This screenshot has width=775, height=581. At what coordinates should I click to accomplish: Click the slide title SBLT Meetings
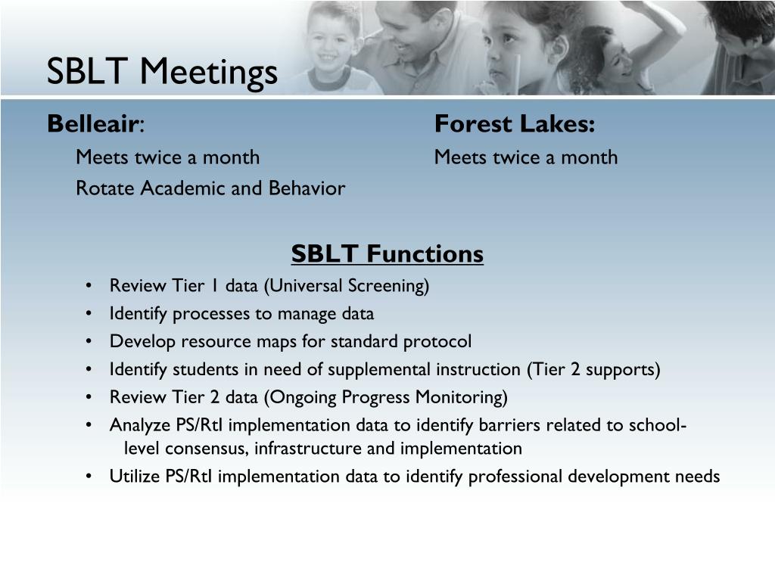[x=162, y=72]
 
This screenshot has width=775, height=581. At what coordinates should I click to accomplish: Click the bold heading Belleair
[x=92, y=123]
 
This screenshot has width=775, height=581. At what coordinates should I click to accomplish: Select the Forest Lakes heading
[x=515, y=123]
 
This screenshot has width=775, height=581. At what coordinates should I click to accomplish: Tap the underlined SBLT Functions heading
[x=387, y=254]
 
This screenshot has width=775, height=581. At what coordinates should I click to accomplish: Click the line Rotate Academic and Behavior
[x=210, y=188]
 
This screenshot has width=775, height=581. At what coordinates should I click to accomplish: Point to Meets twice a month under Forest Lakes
[x=526, y=157]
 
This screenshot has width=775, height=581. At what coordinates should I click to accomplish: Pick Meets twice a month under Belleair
[x=167, y=157]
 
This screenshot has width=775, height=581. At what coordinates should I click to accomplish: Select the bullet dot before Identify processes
[x=89, y=314]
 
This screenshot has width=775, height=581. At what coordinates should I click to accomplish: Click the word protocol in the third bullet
[x=437, y=342]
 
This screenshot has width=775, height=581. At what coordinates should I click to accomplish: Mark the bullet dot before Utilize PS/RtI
[x=89, y=477]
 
